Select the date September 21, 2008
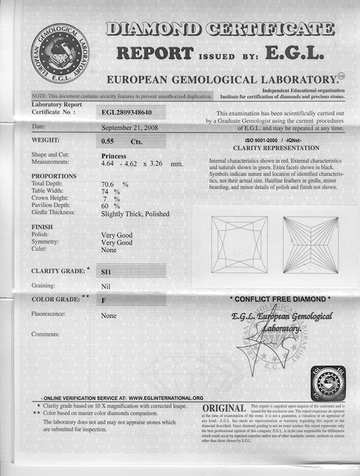pyautogui.click(x=130, y=128)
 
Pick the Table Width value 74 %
pyautogui.click(x=110, y=191)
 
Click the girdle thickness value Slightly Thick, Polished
pyautogui.click(x=135, y=213)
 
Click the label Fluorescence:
pyautogui.click(x=48, y=314)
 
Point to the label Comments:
pyautogui.click(x=46, y=333)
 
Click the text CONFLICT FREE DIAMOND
pyautogui.click(x=280, y=299)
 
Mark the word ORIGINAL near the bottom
pyautogui.click(x=224, y=408)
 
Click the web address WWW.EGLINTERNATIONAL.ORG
pyautogui.click(x=166, y=398)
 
